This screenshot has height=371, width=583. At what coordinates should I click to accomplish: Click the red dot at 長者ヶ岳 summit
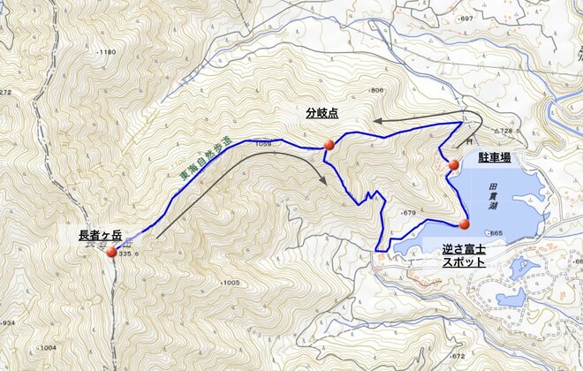pos(111,253)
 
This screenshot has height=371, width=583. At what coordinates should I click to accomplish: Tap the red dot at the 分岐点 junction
pos(329,144)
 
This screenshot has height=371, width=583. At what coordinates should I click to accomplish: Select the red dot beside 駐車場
pos(453,164)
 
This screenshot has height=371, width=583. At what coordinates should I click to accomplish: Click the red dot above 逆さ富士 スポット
pos(465,223)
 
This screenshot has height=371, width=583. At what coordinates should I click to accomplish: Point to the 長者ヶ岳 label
pos(100,236)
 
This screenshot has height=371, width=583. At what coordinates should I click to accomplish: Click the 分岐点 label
pos(323,113)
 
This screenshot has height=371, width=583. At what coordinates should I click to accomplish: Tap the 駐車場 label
pos(495,155)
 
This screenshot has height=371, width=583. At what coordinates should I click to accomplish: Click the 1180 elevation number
pos(108,53)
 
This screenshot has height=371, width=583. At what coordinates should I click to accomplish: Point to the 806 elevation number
pos(377,91)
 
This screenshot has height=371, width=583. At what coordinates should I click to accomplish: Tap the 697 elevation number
pos(466,19)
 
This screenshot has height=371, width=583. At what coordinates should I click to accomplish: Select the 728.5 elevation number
pos(503,131)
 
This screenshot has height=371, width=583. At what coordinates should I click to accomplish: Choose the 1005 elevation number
pos(231,283)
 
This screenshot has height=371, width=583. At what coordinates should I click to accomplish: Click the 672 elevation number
pos(457,357)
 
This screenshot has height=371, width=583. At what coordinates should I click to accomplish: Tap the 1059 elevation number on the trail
pos(262,143)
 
